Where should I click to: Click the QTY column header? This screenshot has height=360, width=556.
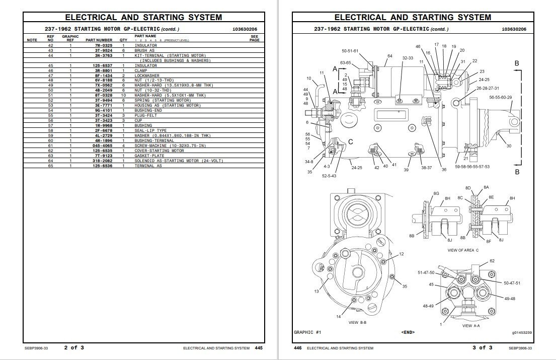point(123,40)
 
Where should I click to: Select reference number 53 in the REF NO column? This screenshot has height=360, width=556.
point(50,106)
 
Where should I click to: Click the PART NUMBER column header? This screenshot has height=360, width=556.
point(99,40)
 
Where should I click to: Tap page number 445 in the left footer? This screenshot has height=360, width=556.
point(259,347)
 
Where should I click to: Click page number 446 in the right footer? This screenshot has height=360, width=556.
point(297,347)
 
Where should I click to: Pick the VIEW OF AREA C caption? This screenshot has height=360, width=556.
point(462,250)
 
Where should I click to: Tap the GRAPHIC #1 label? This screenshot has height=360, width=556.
point(307,332)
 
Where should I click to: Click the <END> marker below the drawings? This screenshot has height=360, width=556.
point(408,332)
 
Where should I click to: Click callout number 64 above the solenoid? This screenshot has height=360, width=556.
point(389,56)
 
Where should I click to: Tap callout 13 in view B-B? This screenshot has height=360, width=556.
point(316,291)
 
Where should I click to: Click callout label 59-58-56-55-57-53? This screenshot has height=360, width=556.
point(472,166)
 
